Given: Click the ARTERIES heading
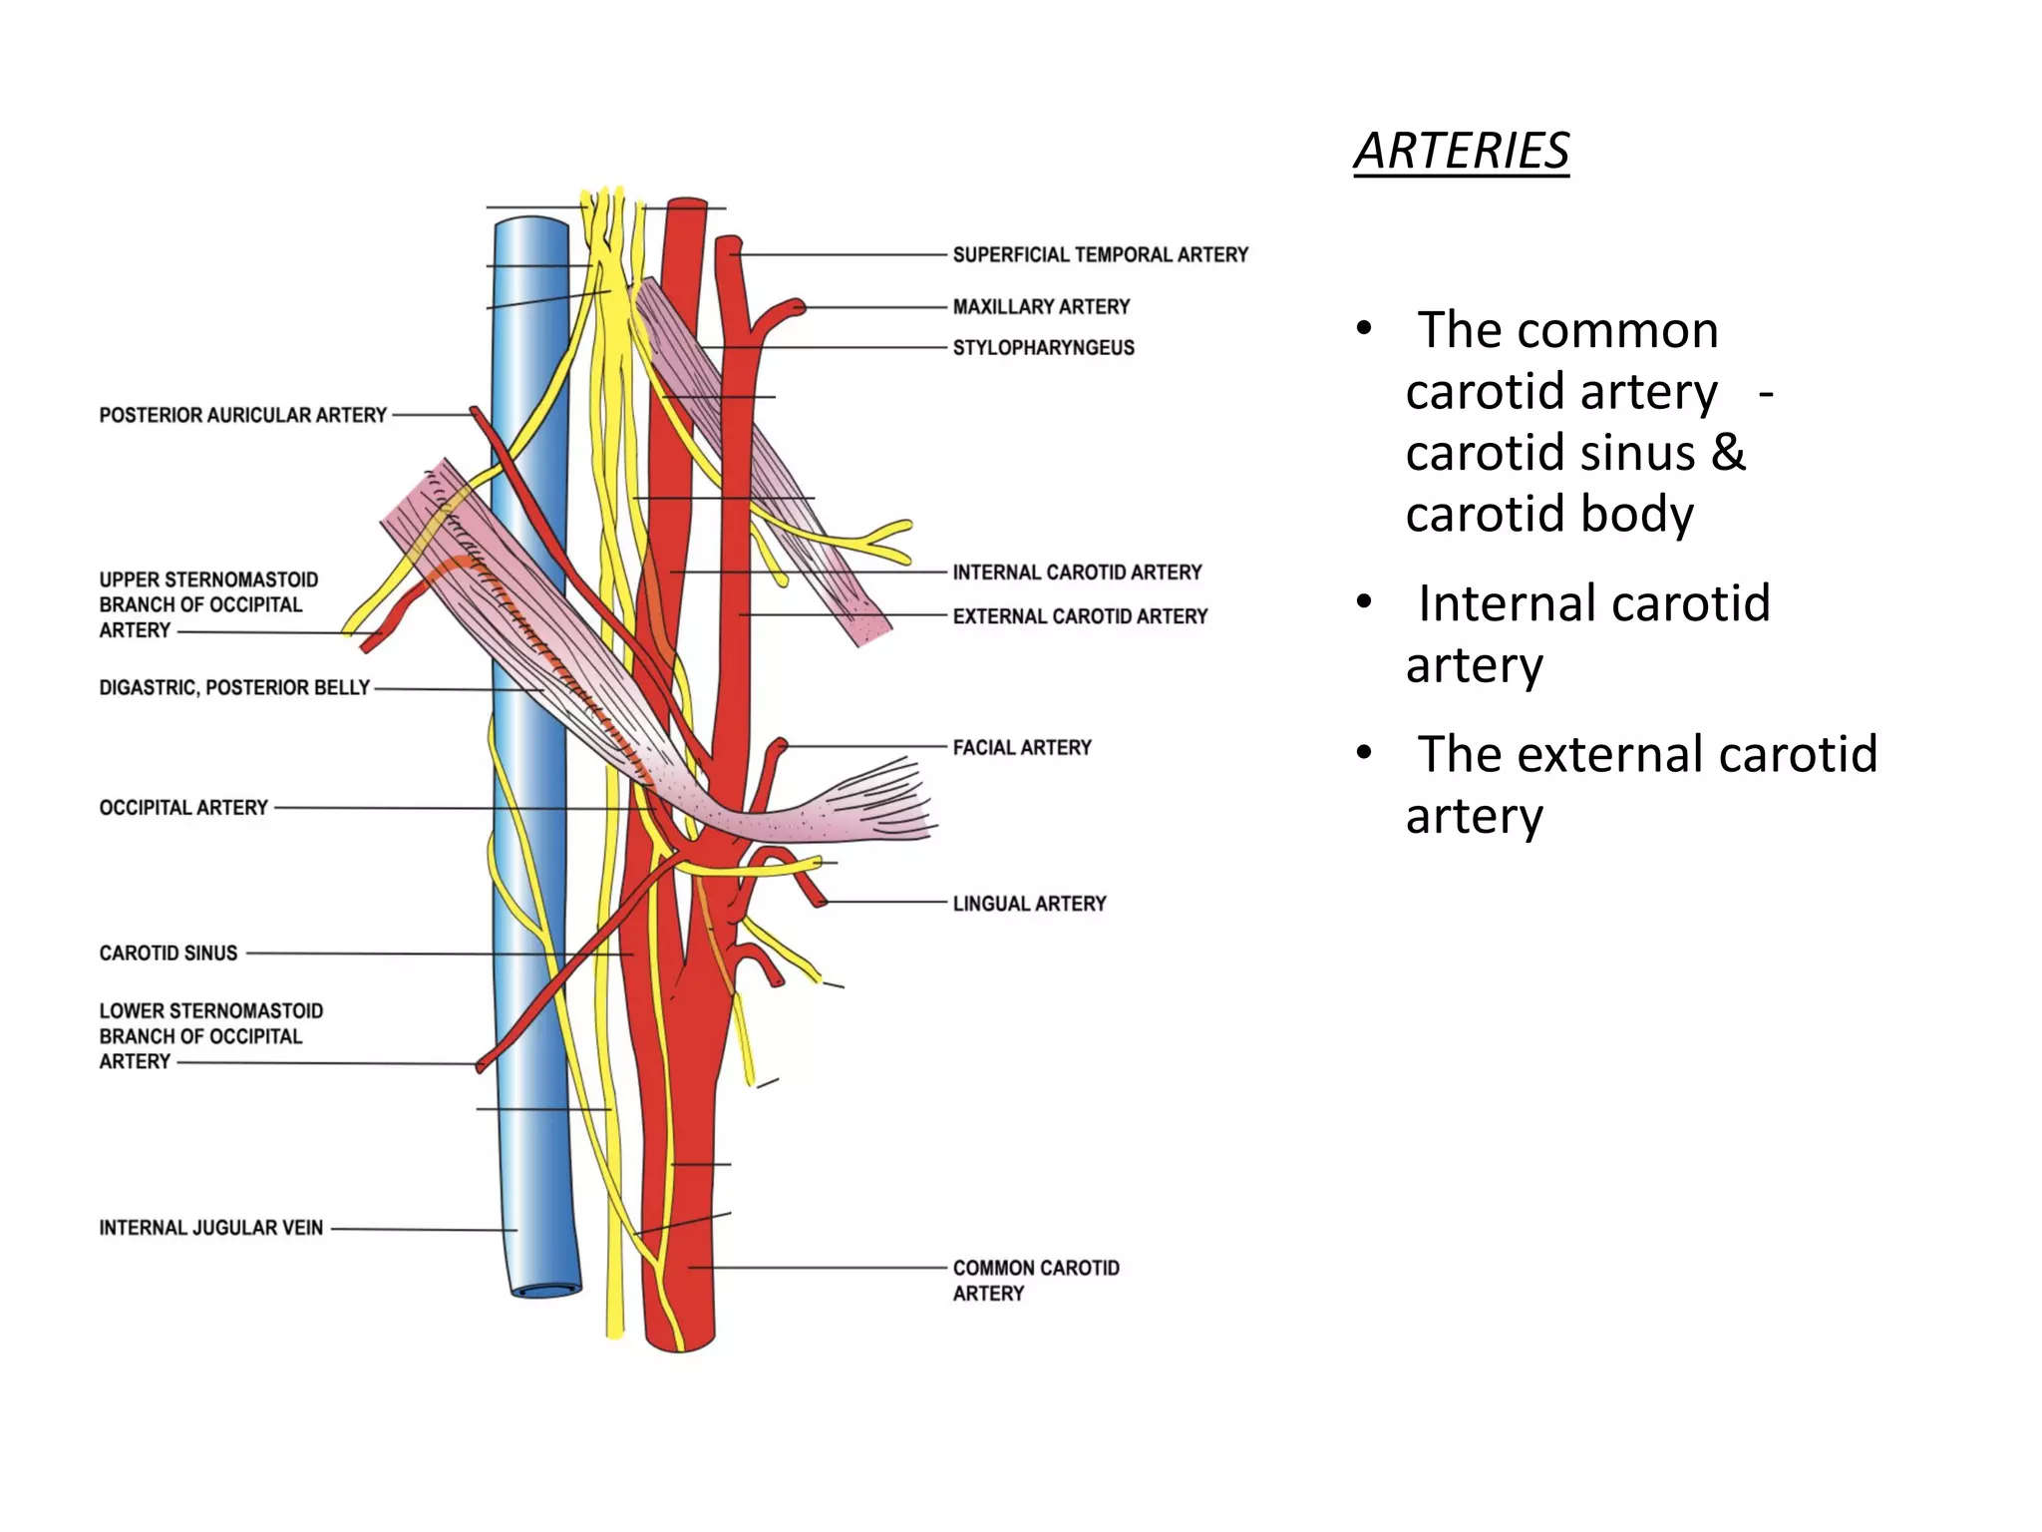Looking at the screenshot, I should click(1461, 152).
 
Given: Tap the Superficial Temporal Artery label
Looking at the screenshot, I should click(1100, 255).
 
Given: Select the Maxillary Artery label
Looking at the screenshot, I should click(1041, 307).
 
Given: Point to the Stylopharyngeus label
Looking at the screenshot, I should click(1043, 348).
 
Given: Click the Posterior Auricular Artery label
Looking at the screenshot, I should click(242, 415).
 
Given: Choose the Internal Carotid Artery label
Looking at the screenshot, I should click(1077, 573).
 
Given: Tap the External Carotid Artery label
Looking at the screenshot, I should click(1080, 616).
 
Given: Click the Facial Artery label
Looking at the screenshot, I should click(1022, 747).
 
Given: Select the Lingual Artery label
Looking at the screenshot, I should click(1029, 904).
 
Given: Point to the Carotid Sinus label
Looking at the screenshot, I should click(169, 954).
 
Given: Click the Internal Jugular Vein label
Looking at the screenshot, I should click(210, 1228).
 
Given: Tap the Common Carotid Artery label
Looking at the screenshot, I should click(1035, 1280).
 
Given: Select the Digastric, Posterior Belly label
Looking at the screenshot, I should click(234, 687).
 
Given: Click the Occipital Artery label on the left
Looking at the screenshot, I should click(183, 807).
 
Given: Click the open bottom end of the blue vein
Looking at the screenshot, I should click(546, 1289).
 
